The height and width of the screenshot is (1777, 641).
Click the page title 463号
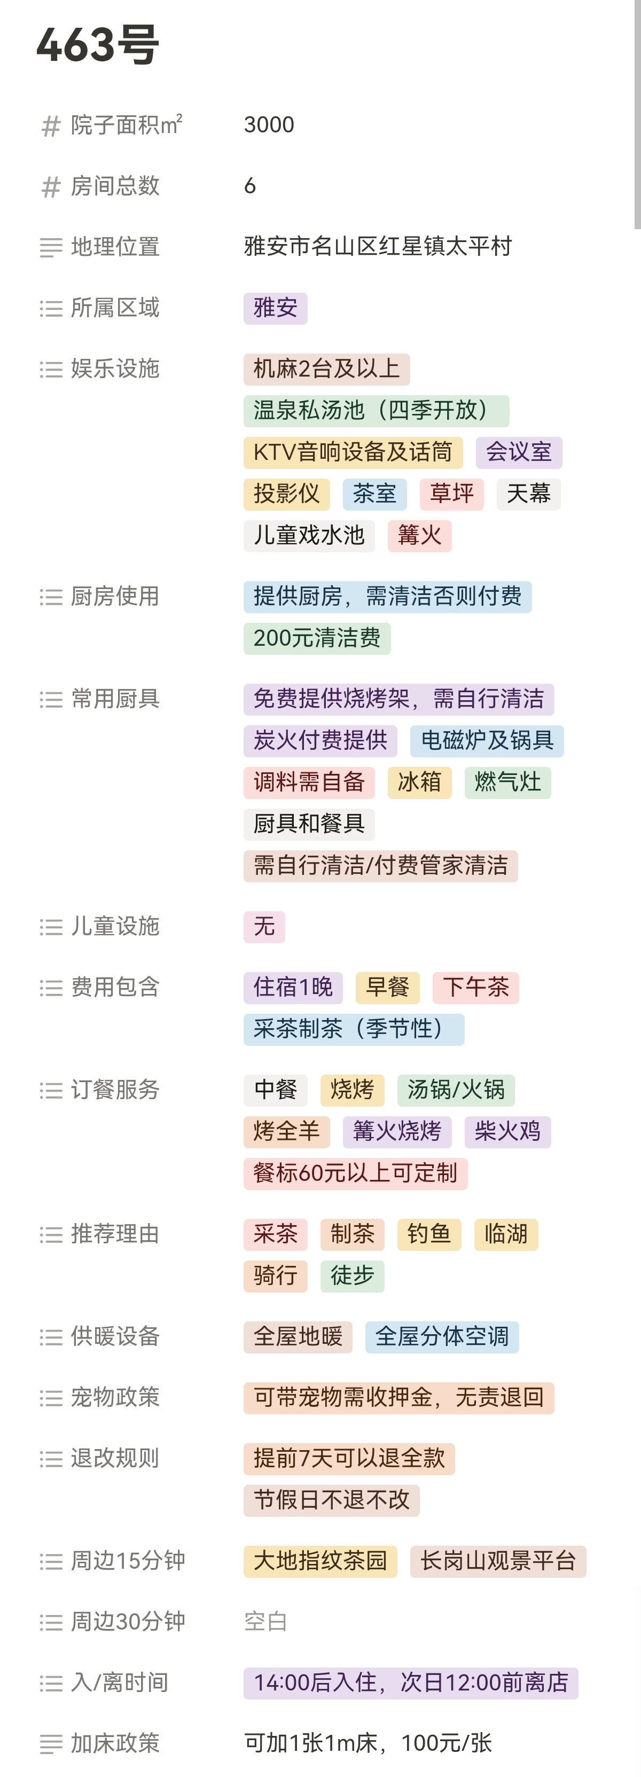(97, 45)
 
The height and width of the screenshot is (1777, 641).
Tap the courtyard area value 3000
(269, 125)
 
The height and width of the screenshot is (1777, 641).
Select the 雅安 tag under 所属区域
(275, 308)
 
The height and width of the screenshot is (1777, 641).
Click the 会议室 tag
(518, 452)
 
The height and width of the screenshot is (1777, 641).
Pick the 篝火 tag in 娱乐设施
(419, 535)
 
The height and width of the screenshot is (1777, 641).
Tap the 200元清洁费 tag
(317, 638)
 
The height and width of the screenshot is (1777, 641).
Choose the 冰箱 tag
(419, 782)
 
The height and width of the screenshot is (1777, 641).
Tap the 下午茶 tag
(475, 987)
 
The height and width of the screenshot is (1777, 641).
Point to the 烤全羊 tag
(286, 1131)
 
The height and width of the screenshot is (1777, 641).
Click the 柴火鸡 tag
(507, 1131)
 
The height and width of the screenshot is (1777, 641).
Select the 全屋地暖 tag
(298, 1336)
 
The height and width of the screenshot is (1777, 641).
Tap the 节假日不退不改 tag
(331, 1500)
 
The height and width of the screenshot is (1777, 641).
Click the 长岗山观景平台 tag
(497, 1561)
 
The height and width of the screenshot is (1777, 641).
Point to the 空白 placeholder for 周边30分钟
(265, 1622)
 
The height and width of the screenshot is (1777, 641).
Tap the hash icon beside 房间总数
(51, 186)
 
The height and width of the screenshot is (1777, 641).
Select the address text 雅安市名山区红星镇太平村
(378, 246)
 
